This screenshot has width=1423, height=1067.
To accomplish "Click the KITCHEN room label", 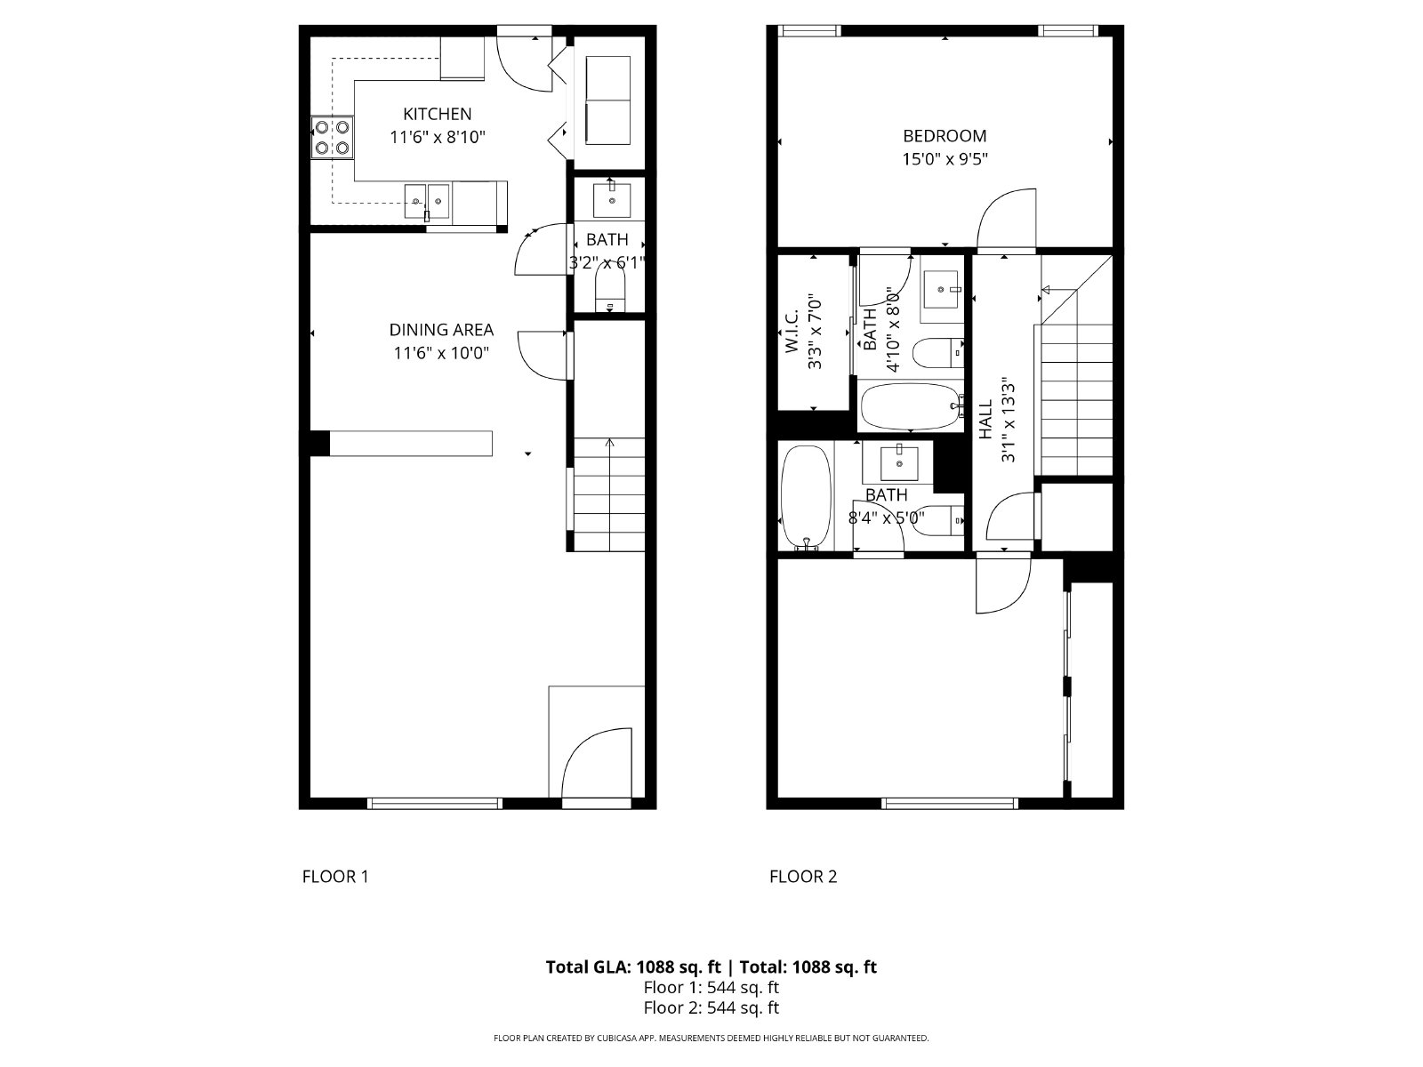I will tap(438, 114).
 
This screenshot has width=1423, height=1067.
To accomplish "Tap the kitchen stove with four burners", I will tap(331, 139).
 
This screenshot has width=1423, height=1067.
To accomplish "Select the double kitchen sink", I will tap(428, 203).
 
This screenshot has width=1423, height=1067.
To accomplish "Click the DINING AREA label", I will tap(441, 330).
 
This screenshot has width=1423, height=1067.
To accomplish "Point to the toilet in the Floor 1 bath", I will tap(610, 289).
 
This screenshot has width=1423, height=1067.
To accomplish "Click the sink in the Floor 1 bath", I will tap(611, 199).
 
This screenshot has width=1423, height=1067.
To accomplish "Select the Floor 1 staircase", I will tap(609, 494).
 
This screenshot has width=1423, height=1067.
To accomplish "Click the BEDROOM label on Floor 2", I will tap(945, 136).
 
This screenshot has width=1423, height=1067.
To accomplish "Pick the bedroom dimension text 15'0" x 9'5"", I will tap(945, 160).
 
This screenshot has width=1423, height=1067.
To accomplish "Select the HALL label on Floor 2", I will tap(985, 420).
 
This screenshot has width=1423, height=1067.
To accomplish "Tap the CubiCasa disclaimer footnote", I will tap(711, 1038).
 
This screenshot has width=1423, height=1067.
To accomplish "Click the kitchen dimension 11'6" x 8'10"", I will tap(438, 138).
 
